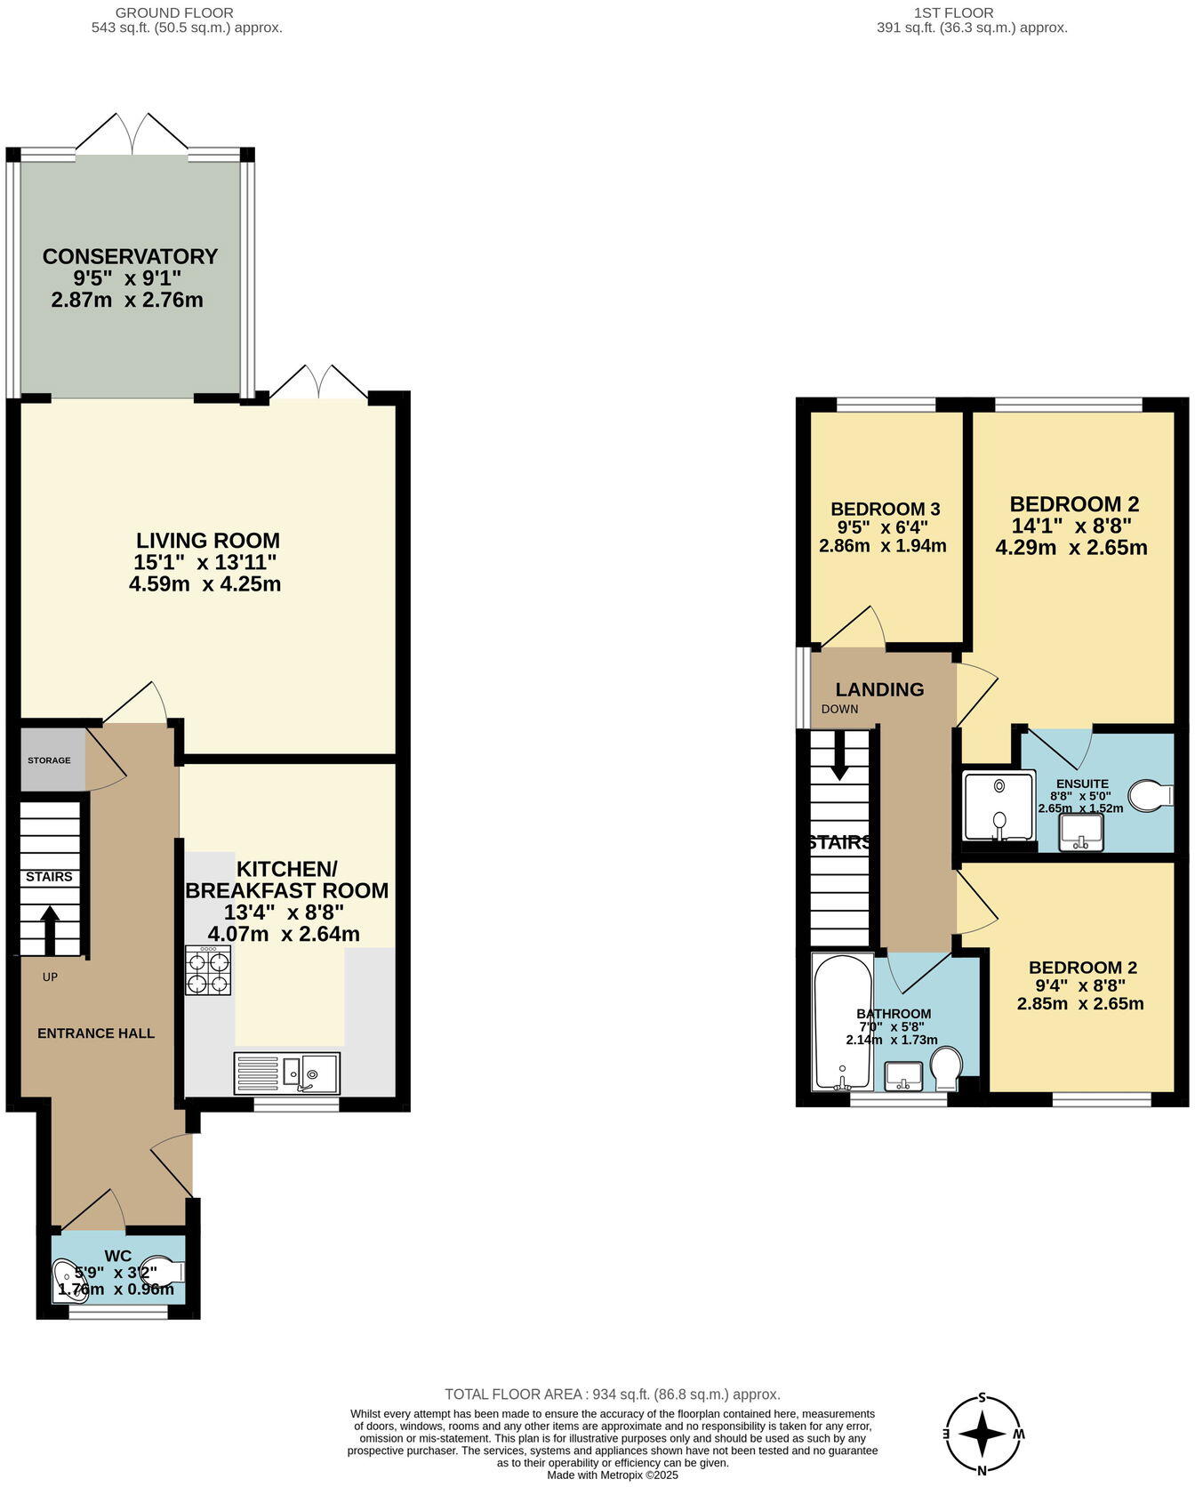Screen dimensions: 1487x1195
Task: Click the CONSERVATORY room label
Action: pos(130,256)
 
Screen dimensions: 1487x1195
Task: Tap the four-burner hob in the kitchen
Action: pos(208,970)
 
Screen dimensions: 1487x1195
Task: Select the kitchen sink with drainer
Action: pos(286,1073)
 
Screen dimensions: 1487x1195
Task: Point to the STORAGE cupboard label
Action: pos(49,760)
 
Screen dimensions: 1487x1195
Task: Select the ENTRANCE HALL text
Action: pos(96,1033)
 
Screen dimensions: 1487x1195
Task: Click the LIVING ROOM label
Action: pos(207,541)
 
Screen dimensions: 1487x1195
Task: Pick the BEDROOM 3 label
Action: pos(885,509)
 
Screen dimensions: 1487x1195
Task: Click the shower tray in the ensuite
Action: pos(999,805)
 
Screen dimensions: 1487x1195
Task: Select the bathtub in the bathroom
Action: pos(841,1023)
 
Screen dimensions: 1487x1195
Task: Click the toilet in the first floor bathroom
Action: pos(946,1066)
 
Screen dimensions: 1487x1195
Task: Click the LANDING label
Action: pos(879,689)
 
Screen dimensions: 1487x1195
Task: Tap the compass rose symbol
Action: pos(982,1434)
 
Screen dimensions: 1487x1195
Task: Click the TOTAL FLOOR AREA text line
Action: pos(612,1395)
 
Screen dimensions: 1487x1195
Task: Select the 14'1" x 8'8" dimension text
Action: pos(1075,526)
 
